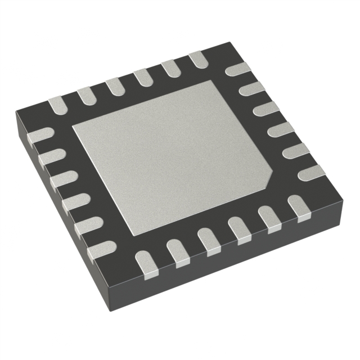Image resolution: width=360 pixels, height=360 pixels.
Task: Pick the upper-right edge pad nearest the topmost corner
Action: (x=237, y=70)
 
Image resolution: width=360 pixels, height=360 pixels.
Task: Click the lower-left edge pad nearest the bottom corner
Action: (x=102, y=247)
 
